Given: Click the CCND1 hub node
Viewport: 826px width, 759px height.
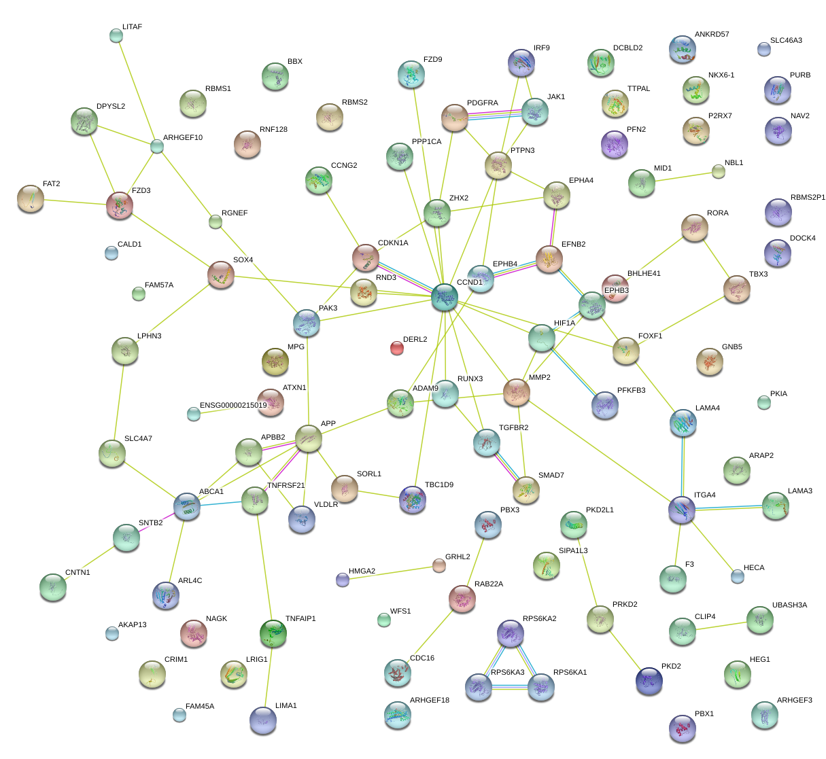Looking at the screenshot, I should tap(445, 297).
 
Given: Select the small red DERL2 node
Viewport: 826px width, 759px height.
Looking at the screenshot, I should tap(396, 348).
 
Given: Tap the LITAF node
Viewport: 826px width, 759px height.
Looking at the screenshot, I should tap(116, 35).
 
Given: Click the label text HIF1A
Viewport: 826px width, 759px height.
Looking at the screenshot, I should tap(564, 323).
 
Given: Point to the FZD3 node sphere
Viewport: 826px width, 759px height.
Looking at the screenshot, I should tap(120, 205).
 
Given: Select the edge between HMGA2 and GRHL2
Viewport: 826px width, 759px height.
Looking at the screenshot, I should tap(391, 573).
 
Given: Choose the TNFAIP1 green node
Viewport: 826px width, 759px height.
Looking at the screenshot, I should tap(273, 633).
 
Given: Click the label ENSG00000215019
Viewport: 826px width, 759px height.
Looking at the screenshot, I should tap(233, 406).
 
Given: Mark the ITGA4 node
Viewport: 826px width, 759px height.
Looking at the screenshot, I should tap(682, 509).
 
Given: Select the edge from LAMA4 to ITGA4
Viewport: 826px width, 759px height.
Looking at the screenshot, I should tap(683, 466).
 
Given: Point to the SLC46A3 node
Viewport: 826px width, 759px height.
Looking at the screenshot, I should tap(763, 48).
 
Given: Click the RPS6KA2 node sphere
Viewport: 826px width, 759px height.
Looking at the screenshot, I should tap(510, 633).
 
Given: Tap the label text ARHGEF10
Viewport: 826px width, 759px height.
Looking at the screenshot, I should tap(183, 138).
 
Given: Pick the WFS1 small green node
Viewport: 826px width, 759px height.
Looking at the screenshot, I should tap(384, 619).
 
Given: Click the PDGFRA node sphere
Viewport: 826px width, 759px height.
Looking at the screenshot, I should tap(455, 118).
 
